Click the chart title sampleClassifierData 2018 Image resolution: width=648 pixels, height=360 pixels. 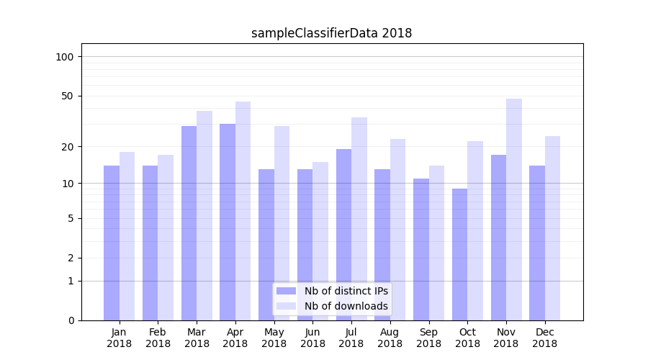[x=331, y=33]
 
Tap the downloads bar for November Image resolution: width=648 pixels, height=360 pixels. [x=514, y=209]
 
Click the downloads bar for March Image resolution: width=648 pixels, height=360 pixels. [x=204, y=215]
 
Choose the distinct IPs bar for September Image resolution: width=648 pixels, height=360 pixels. [x=421, y=249]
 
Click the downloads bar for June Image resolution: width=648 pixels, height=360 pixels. [x=320, y=240]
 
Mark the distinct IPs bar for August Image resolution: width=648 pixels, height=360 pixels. [x=382, y=244]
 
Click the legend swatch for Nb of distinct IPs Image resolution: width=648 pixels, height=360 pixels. [x=286, y=291]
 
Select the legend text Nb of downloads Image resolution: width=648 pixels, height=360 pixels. [x=346, y=306]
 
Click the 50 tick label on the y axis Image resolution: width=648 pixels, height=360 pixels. [x=68, y=96]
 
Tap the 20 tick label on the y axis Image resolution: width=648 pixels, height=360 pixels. [x=68, y=146]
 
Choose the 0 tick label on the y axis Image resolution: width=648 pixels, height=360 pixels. [x=71, y=320]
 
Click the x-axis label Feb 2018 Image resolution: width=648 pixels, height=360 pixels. [x=158, y=338]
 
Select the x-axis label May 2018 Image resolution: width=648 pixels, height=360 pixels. [x=274, y=338]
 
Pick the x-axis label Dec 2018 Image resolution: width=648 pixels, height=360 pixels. [x=545, y=338]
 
